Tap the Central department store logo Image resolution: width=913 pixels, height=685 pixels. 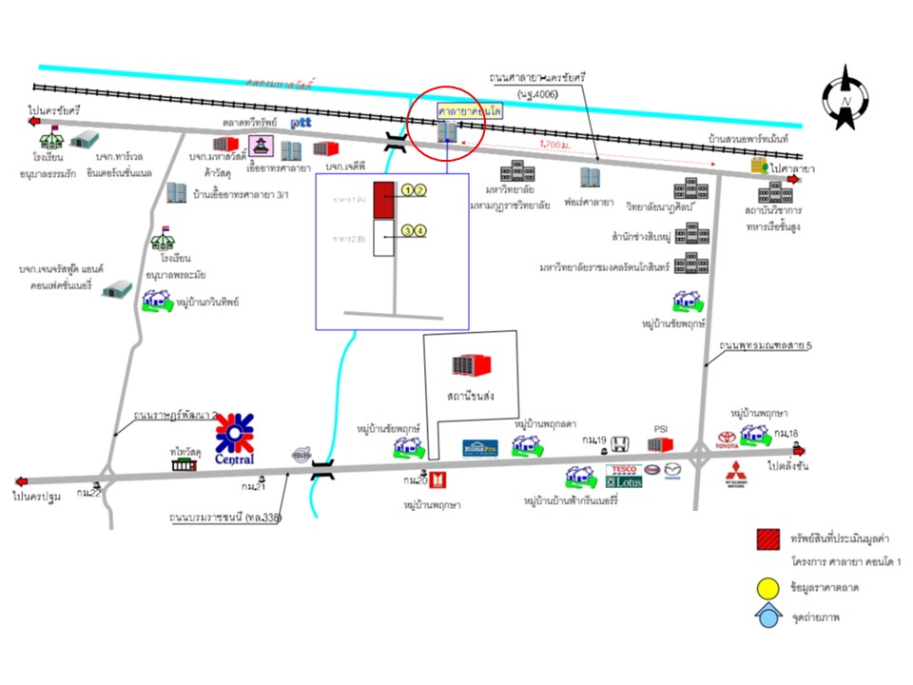coord(235,439)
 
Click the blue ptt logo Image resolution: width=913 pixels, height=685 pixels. coord(301,123)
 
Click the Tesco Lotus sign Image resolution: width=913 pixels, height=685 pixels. coord(624,477)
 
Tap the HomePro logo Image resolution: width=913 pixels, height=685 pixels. coord(481,448)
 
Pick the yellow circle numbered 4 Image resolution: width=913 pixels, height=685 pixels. coord(420,229)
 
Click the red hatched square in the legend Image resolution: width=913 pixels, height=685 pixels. coord(767,539)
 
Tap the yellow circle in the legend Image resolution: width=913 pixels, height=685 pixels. coord(767,587)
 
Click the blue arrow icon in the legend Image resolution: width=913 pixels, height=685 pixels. coord(767,616)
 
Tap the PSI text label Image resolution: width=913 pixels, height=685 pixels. coord(661,429)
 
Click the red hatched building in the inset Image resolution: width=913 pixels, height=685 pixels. coord(383,200)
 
